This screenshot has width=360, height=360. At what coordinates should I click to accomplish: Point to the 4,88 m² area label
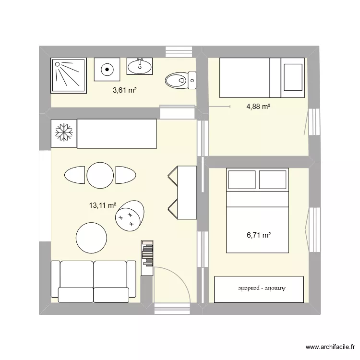(258, 107)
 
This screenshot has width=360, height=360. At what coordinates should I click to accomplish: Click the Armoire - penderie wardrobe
(259, 289)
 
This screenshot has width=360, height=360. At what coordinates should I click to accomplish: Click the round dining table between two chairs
(100, 175)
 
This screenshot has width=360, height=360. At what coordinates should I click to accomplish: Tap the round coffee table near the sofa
(91, 238)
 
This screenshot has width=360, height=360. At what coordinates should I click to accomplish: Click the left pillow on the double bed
(241, 180)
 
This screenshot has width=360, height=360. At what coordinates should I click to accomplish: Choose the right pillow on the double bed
(273, 180)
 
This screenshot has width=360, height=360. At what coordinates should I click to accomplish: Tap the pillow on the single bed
(292, 77)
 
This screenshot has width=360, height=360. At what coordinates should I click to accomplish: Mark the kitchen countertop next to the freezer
(117, 134)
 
